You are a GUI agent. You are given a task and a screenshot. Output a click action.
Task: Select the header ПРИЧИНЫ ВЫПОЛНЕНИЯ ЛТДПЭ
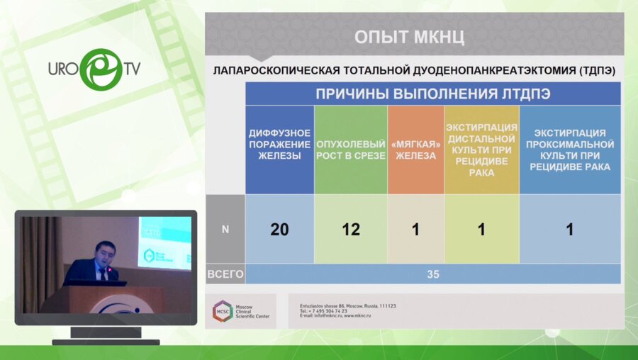click(x=433, y=94)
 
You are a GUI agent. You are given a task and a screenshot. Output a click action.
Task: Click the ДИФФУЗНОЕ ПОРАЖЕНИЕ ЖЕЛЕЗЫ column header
click(x=279, y=145)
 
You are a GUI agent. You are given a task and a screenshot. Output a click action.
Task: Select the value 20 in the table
click(x=279, y=229)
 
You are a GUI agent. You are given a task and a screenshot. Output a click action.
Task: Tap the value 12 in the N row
click(x=351, y=229)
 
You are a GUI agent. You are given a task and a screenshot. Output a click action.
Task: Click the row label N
click(x=225, y=229)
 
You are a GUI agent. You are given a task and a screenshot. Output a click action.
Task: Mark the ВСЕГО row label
click(x=225, y=274)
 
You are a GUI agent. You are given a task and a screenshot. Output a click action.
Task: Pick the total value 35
click(x=432, y=274)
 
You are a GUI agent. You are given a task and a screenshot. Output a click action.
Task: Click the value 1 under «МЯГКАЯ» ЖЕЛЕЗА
click(x=415, y=229)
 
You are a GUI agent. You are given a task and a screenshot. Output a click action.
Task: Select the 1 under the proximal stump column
click(x=570, y=229)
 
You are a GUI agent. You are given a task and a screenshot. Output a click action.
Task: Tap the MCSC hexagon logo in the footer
click(x=223, y=310)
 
